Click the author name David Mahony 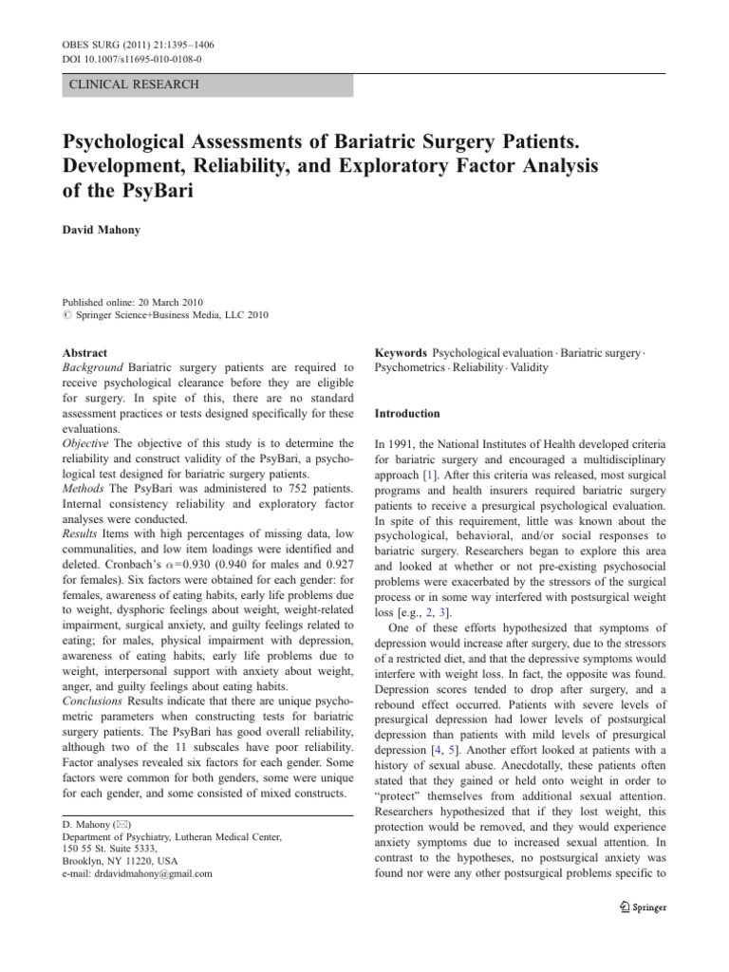pyautogui.click(x=103, y=231)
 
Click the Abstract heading pyautogui.click(x=84, y=352)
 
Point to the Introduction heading pyautogui.click(x=407, y=414)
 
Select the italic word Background pyautogui.click(x=93, y=367)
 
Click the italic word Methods pyautogui.click(x=84, y=490)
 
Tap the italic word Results pyautogui.click(x=83, y=535)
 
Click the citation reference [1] pyautogui.click(x=431, y=475)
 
